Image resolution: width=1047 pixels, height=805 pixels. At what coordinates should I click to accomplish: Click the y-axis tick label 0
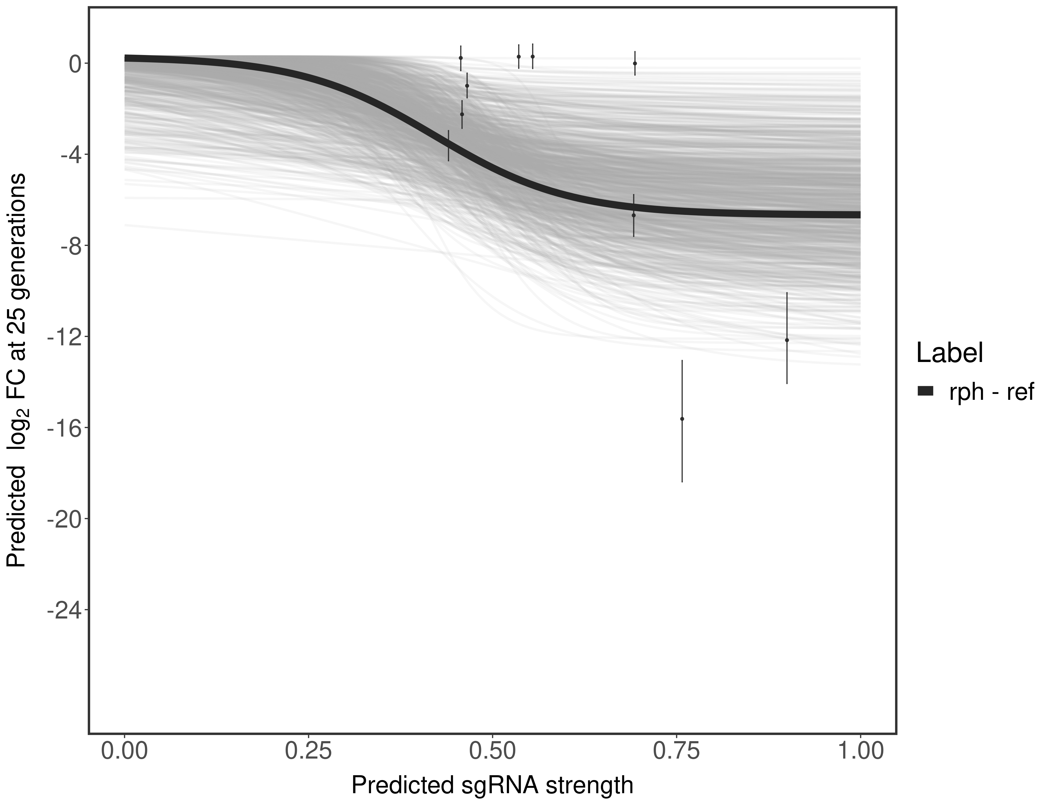(x=75, y=64)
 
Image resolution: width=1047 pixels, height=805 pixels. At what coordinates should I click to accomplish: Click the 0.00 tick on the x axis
(x=125, y=751)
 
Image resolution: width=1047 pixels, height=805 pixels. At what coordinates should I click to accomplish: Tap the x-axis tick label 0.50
(x=492, y=751)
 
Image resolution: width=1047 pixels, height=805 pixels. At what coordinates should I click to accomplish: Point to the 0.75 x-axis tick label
(x=677, y=751)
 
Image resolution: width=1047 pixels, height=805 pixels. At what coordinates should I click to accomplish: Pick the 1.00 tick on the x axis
(x=860, y=751)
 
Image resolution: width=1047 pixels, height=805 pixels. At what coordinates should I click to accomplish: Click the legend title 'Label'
(x=950, y=353)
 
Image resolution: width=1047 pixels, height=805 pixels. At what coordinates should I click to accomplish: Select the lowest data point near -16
(x=682, y=419)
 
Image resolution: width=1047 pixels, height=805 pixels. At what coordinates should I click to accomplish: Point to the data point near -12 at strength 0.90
(x=787, y=340)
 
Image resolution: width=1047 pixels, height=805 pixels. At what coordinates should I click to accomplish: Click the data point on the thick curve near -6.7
(x=633, y=215)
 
